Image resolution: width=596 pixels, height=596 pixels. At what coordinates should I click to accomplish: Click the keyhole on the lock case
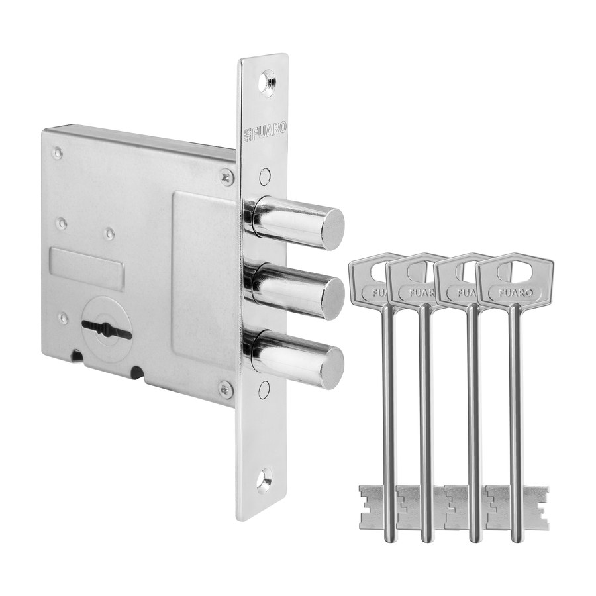coord(106,328)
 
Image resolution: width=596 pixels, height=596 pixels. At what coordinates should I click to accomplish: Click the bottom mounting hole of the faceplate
coord(264,479)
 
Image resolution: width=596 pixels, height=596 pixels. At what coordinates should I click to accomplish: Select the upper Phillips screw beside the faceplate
coord(227,178)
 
